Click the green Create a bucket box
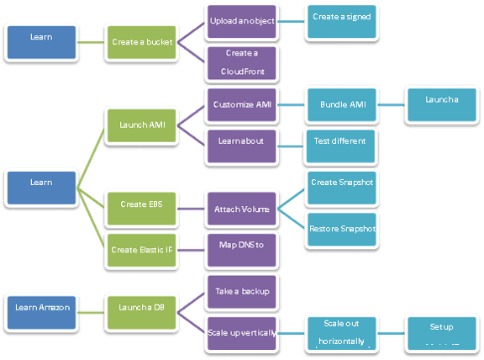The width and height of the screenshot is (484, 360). (x=138, y=41)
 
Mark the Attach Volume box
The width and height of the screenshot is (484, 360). (x=240, y=207)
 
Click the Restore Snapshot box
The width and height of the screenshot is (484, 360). (x=341, y=227)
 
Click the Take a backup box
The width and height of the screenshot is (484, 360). (x=240, y=291)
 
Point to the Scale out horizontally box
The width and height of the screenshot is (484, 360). (x=341, y=333)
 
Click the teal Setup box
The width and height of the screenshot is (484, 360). (x=441, y=333)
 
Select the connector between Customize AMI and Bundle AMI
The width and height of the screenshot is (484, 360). (x=291, y=105)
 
